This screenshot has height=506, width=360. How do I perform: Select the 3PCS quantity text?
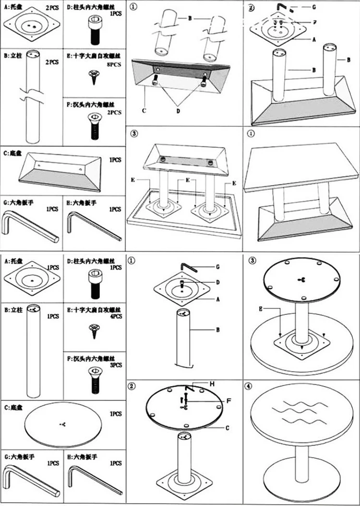tap(115, 365)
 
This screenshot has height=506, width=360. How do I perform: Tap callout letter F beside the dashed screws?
tap(314, 22)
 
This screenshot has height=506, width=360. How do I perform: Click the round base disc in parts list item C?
tap(63, 425)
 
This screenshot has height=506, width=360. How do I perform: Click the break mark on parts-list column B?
tap(32, 93)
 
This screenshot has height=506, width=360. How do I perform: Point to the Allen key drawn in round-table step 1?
tap(190, 266)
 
